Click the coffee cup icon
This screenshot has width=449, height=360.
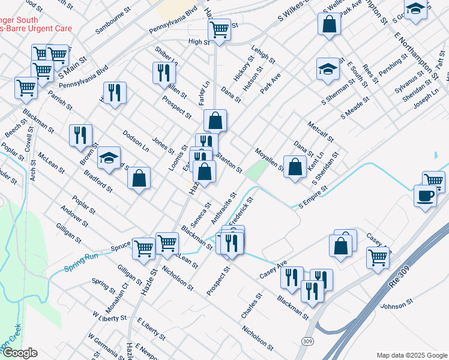(x=425, y=196)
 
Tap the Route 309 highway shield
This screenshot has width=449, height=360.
(x=308, y=341)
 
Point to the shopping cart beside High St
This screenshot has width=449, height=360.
(x=220, y=28)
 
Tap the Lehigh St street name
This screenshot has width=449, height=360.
(x=263, y=55)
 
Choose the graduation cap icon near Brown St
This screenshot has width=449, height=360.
(x=109, y=158)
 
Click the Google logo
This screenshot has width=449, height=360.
(x=20, y=353)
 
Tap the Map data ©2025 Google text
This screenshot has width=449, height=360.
(x=411, y=355)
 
